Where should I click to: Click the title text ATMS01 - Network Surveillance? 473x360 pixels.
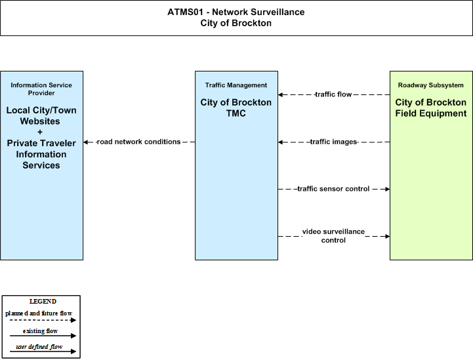tap(236, 12)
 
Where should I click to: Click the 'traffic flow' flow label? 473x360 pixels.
tap(333, 94)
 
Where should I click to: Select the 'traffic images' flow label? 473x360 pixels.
tap(334, 142)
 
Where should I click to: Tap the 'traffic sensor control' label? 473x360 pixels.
tap(333, 189)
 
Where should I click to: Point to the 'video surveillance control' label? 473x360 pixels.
tap(333, 236)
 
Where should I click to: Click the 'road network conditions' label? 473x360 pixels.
tap(138, 142)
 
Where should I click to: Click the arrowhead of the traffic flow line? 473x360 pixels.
tap(281, 94)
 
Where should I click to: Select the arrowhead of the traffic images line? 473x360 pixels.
tap(281, 142)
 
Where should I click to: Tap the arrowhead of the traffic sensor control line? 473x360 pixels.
tap(387, 189)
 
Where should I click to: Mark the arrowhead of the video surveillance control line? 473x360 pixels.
tap(387, 236)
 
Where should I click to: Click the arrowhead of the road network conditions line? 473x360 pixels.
tap(86, 142)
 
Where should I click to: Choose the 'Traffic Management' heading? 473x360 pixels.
tap(236, 85)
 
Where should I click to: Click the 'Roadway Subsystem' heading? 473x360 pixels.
tap(431, 85)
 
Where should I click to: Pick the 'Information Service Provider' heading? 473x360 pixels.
tap(41, 89)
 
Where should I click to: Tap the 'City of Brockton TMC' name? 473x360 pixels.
tap(236, 108)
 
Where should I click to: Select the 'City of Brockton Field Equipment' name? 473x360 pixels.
tap(431, 108)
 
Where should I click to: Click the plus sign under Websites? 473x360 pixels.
tap(40, 132)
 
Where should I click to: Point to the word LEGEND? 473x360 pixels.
tap(43, 302)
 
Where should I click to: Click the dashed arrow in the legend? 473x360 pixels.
tap(43, 320)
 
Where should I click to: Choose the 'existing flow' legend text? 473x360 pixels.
tap(41, 331)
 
